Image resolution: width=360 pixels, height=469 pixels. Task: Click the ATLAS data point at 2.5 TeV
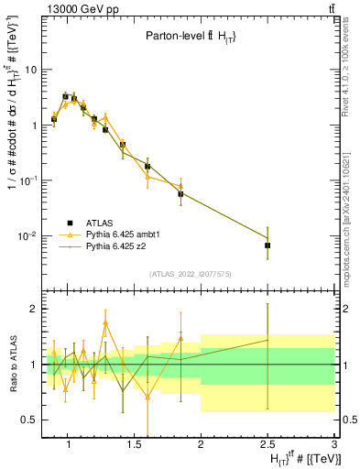(x=267, y=245)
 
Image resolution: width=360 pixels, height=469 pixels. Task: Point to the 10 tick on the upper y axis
(x=31, y=70)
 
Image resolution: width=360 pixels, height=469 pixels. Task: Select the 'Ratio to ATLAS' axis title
(x=10, y=366)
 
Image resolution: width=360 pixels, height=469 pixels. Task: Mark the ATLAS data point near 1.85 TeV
(x=180, y=194)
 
